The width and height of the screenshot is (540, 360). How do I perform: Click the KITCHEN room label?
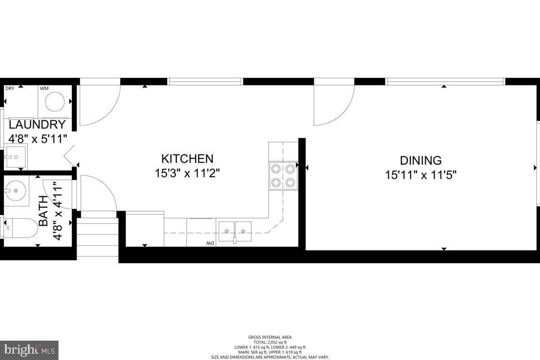coord(187,159)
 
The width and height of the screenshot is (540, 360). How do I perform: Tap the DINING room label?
coord(421,160)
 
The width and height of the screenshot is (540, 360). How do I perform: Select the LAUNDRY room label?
coord(37,125)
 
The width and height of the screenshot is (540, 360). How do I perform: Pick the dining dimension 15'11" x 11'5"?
coord(421,175)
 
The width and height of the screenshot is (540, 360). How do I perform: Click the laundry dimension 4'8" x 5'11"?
coord(37,138)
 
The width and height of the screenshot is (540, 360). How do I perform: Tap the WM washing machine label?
coord(44,88)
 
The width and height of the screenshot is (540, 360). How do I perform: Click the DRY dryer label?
coord(10,88)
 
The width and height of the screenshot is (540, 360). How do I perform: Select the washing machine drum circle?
coord(55,102)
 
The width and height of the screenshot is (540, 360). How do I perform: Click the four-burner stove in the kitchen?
coord(283,176)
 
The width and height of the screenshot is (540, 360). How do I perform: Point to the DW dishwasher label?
coord(209,243)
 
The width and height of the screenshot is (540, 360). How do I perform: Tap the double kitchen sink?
coord(235,230)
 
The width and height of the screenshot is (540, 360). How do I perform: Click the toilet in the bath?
coord(20,229)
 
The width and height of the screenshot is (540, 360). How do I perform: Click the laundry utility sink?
coord(16,157)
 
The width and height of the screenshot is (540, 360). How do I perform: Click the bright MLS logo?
coord(29,350)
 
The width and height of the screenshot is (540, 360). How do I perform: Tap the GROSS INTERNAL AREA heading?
coord(270,337)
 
